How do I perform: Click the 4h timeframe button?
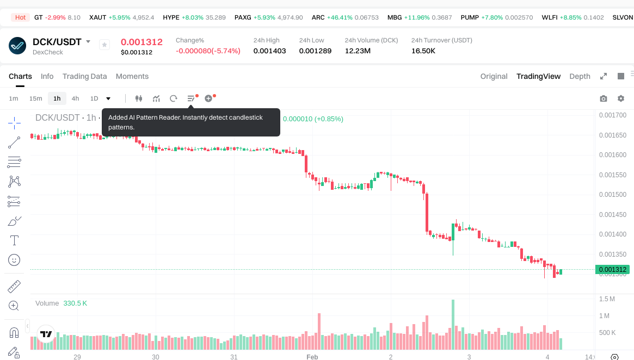click(x=75, y=98)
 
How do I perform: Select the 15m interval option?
click(x=35, y=98)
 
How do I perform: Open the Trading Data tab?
click(x=84, y=76)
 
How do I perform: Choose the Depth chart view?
click(x=580, y=76)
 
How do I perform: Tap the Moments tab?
click(x=132, y=76)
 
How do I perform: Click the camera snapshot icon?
click(x=603, y=98)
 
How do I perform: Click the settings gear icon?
click(x=621, y=98)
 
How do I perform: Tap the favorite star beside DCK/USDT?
click(x=104, y=45)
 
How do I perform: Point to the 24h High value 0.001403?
click(x=269, y=51)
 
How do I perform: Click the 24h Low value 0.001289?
click(x=315, y=51)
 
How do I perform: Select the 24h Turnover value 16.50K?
click(x=423, y=51)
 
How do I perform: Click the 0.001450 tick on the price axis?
click(x=612, y=214)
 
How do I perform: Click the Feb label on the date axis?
click(x=312, y=357)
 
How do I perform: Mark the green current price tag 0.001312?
click(x=612, y=269)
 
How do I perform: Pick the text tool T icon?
click(x=15, y=240)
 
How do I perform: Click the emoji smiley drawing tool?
click(x=15, y=260)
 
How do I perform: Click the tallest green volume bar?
click(x=453, y=324)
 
